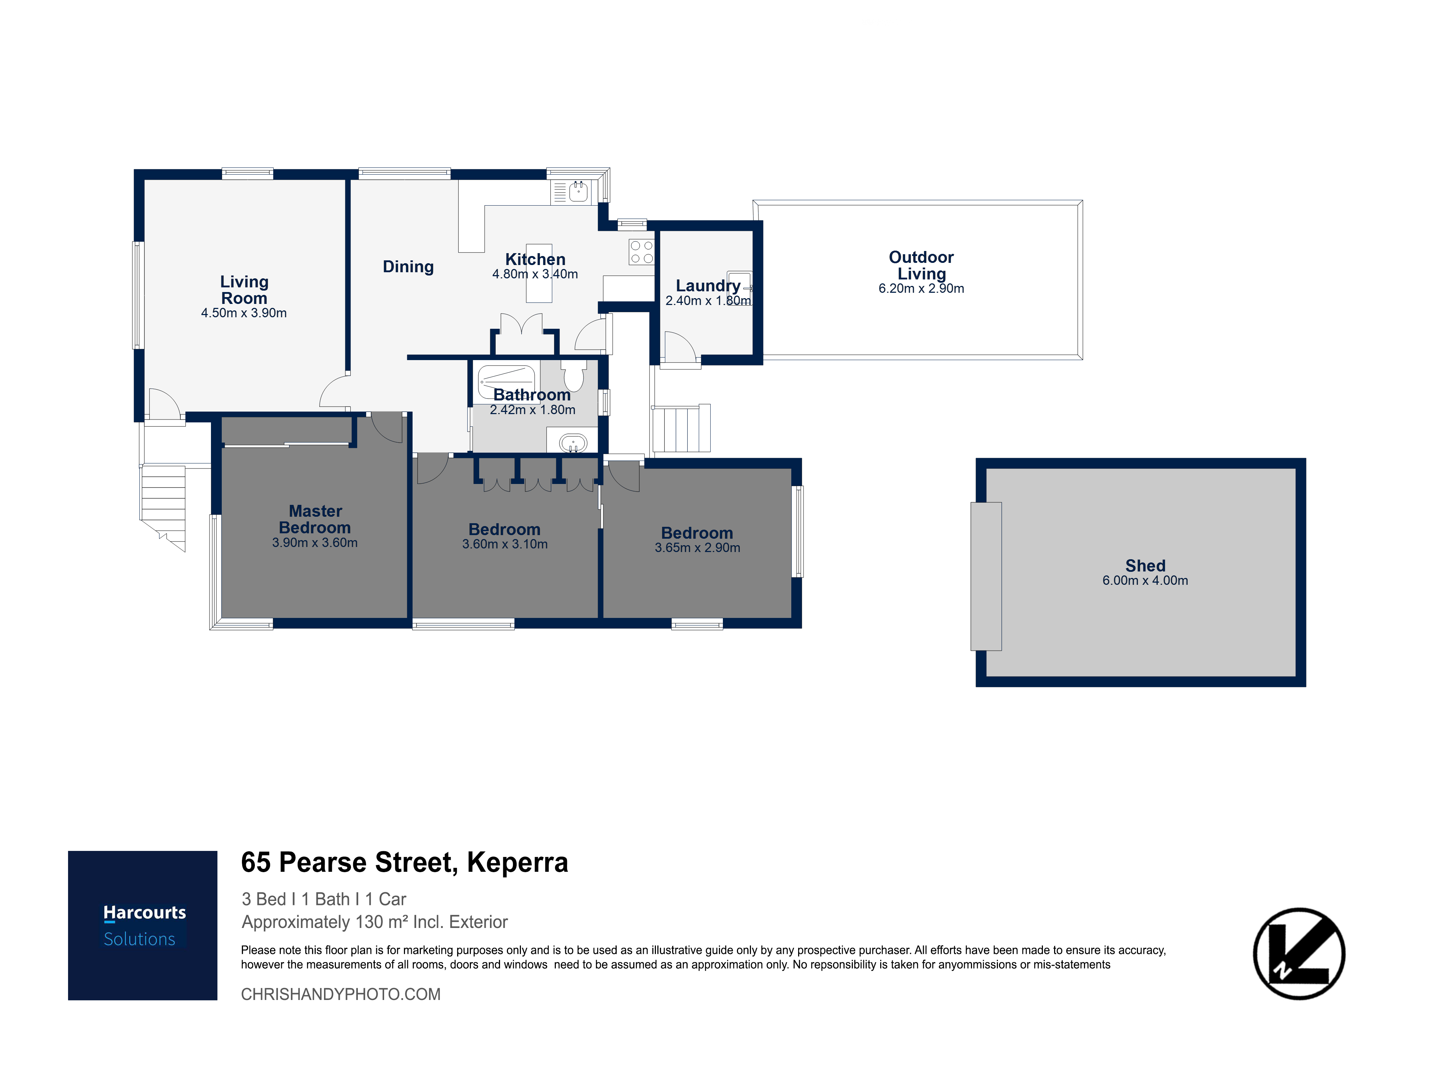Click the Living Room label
point(244,290)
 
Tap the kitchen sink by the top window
point(578,192)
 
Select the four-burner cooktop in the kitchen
point(641,252)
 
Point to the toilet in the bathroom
point(573,375)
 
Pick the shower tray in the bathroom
point(507,382)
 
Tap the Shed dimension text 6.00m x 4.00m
point(1145,580)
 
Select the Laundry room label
point(708,286)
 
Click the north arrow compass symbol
point(1299,954)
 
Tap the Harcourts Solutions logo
point(143,925)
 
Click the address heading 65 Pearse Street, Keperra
point(404,862)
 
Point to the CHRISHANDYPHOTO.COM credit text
point(341,994)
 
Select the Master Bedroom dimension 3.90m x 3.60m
point(314,542)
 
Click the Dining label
point(408,266)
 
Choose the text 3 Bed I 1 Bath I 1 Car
point(324,899)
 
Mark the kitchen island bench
point(539,274)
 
